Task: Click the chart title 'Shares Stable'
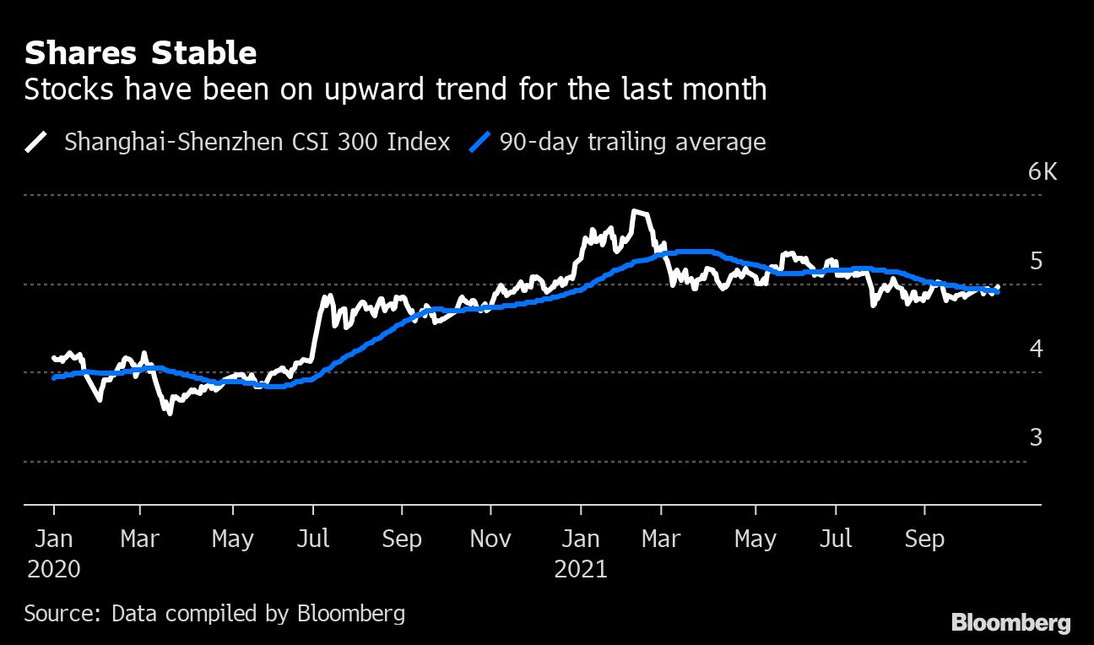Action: (x=140, y=53)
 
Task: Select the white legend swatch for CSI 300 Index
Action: (x=37, y=141)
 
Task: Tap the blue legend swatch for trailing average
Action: (x=479, y=141)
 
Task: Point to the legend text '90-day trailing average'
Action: (x=632, y=141)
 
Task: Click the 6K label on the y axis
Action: (x=1043, y=172)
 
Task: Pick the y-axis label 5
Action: (x=1036, y=261)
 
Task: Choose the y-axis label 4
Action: (x=1036, y=349)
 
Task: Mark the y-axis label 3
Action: (x=1036, y=437)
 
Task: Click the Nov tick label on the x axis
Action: (x=490, y=539)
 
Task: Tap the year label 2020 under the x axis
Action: (x=54, y=569)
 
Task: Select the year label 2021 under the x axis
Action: (x=581, y=569)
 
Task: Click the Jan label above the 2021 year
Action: (x=581, y=539)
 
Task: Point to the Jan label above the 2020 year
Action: (x=54, y=539)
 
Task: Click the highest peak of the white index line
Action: (x=635, y=212)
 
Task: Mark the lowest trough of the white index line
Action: (x=170, y=413)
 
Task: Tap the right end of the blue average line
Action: (x=998, y=291)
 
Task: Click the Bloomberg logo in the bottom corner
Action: (x=1011, y=624)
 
